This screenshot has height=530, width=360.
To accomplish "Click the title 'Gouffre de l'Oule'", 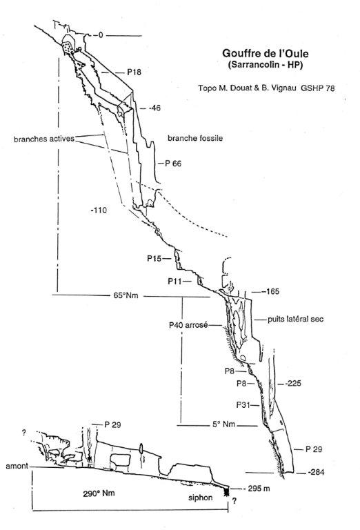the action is [x=265, y=53].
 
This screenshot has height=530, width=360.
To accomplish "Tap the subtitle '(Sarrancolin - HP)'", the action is [x=265, y=65].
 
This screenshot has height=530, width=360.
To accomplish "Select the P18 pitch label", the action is [x=134, y=72].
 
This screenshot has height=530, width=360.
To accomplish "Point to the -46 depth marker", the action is [x=154, y=108].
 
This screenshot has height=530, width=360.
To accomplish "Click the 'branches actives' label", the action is [x=44, y=139].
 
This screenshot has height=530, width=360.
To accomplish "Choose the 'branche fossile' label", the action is [x=195, y=138].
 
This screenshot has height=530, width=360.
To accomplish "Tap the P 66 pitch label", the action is [x=173, y=164].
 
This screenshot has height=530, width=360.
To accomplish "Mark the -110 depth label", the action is [x=99, y=210].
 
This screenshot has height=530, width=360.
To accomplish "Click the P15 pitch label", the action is [x=154, y=259].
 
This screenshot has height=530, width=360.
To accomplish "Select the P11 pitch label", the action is [x=175, y=282].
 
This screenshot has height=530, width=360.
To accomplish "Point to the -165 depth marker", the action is [x=272, y=291].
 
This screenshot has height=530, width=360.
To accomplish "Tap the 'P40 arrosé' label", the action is [x=188, y=326].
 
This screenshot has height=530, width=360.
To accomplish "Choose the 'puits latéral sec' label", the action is [x=295, y=319].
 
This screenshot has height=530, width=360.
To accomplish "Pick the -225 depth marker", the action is [x=293, y=384].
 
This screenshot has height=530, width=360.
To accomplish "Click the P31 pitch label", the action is [x=243, y=404].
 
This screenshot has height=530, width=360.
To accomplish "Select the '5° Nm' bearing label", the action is [x=223, y=424].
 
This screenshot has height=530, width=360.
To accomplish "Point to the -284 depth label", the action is [x=316, y=472].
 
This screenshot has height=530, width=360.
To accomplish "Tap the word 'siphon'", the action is [x=201, y=498].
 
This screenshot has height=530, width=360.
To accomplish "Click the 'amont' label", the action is [x=17, y=467].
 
